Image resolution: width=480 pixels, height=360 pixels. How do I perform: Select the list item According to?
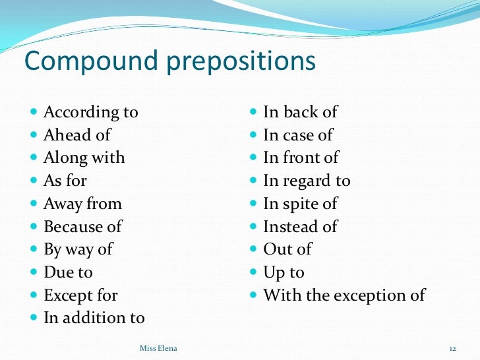[x=91, y=112]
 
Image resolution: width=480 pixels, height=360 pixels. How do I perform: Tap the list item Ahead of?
[x=77, y=135]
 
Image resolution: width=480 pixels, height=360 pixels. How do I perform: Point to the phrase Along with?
[x=84, y=158]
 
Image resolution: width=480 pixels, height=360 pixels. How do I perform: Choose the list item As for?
[x=65, y=181]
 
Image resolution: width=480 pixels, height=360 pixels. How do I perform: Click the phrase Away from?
[x=82, y=204]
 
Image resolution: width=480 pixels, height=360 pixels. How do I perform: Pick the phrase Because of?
[x=82, y=226]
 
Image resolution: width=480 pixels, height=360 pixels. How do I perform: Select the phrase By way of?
[x=78, y=249]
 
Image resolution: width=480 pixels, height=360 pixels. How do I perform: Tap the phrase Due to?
[x=68, y=272]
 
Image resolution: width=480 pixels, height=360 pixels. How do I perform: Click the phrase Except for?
[x=80, y=295]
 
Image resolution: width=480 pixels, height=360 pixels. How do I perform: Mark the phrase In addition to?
[x=94, y=318]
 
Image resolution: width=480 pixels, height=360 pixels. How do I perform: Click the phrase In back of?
[x=300, y=112]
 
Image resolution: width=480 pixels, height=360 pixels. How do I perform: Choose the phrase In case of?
[x=298, y=135]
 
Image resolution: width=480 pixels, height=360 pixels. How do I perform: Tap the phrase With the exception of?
[x=344, y=295]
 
